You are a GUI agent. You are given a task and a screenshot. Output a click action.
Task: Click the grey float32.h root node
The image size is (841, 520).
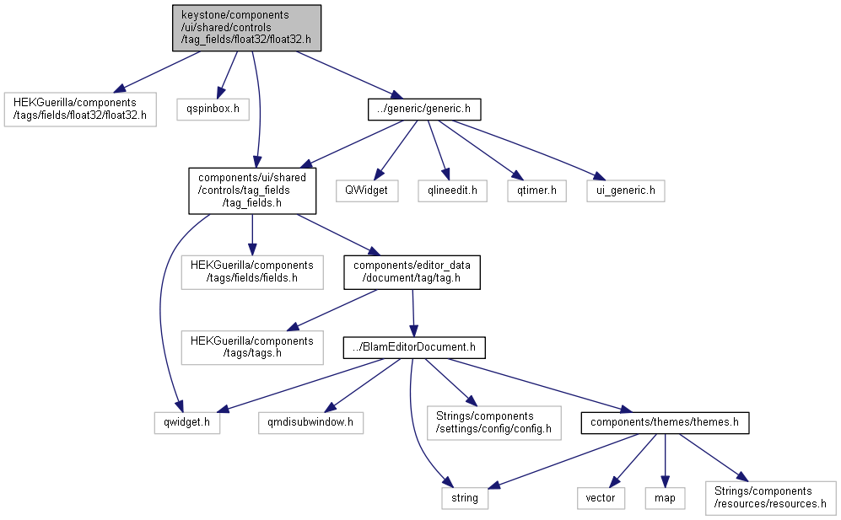(x=246, y=29)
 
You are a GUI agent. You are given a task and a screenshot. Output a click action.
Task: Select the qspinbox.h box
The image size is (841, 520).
(x=213, y=109)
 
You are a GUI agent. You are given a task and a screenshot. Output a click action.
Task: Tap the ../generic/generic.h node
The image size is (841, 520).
(x=424, y=109)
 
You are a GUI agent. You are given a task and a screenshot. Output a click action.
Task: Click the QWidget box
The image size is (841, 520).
(x=367, y=190)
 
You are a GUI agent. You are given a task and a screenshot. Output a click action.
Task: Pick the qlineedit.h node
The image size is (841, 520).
(x=453, y=190)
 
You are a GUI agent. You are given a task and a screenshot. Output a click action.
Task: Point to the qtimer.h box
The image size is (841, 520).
(x=536, y=190)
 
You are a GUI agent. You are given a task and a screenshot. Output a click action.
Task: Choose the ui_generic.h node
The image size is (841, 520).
(x=626, y=190)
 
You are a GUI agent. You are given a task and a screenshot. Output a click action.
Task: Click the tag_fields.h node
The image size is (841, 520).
(x=252, y=190)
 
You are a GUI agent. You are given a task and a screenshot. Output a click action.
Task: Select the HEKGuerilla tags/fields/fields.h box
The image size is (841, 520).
(x=252, y=272)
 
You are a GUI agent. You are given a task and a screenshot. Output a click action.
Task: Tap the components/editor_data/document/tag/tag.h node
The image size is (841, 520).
(x=412, y=272)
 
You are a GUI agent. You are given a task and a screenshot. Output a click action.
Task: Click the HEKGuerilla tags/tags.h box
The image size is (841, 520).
(x=252, y=347)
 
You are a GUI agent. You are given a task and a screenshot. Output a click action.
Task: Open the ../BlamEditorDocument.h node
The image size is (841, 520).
(x=414, y=347)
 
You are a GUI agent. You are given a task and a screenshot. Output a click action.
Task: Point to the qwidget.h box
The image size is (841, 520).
(x=187, y=422)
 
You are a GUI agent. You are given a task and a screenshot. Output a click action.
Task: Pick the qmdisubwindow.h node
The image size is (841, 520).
(x=310, y=422)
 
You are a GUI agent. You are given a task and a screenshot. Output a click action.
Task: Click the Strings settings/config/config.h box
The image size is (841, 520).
(x=494, y=423)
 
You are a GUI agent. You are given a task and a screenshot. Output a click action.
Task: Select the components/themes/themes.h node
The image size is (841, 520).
(x=665, y=422)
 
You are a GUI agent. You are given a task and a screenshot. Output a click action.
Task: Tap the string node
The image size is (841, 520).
(x=465, y=498)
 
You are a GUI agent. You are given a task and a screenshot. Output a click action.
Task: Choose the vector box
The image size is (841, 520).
(x=601, y=498)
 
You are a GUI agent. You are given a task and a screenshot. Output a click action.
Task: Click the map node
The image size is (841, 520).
(x=665, y=498)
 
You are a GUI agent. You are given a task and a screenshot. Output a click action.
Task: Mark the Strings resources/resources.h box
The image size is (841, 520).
(x=771, y=498)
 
